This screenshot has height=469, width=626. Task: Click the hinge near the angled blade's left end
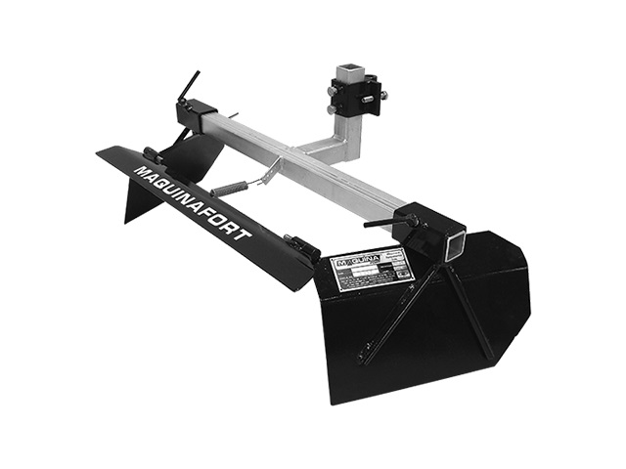[154, 154]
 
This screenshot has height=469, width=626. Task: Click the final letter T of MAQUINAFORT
[246, 235]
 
